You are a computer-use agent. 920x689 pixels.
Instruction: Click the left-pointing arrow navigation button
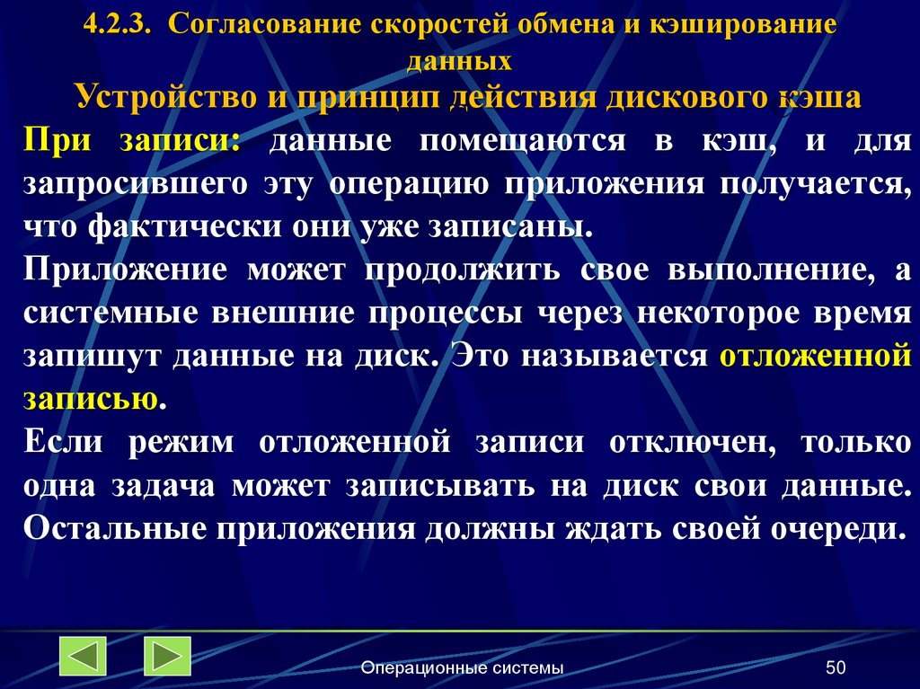[x=83, y=656]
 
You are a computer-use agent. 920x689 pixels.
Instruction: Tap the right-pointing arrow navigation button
[x=167, y=656]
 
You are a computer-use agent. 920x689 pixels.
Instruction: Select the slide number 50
[x=836, y=667]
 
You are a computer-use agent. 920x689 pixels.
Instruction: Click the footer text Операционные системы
[x=462, y=667]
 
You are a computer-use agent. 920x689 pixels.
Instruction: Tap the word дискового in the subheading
[x=679, y=96]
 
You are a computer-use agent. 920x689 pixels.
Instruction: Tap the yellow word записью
[x=90, y=398]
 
